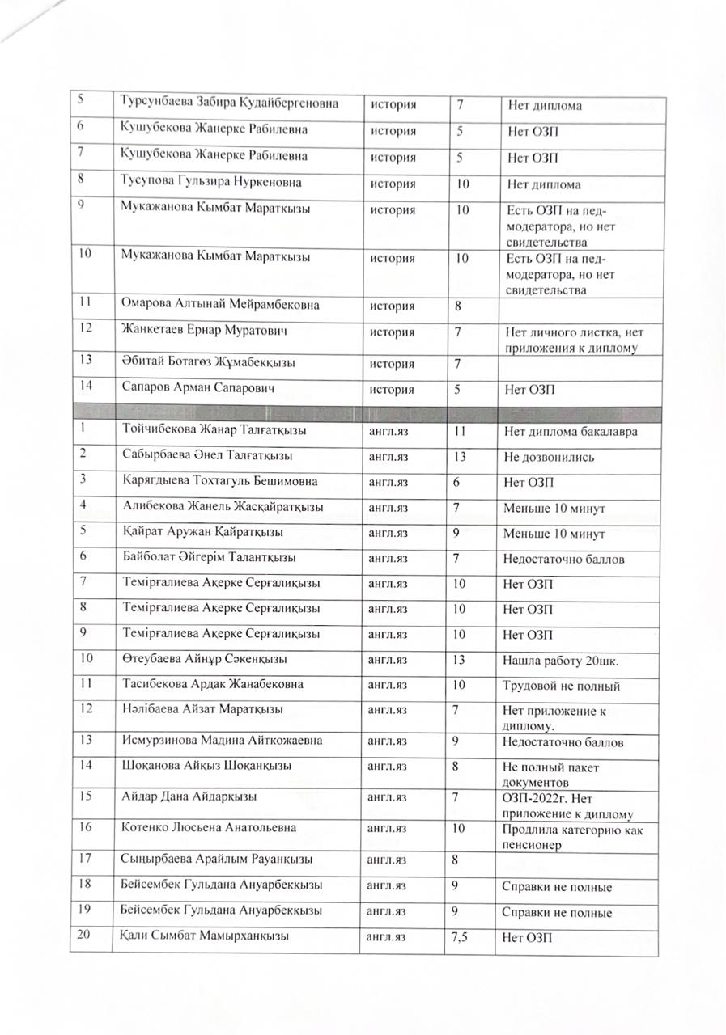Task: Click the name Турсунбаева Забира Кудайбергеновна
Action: click(x=229, y=103)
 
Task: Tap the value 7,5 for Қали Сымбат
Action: click(x=458, y=938)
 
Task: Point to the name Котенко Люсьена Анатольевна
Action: click(x=210, y=828)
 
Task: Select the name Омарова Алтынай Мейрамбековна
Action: click(x=220, y=305)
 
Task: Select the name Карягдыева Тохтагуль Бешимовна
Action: click(x=219, y=481)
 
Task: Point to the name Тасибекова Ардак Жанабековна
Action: click(x=213, y=684)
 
